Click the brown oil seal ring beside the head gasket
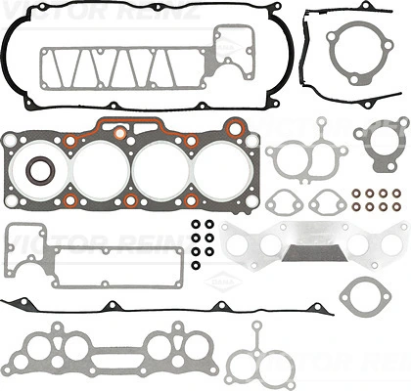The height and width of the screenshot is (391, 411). [39, 170]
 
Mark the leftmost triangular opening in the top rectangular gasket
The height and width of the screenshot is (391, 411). [67, 66]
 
